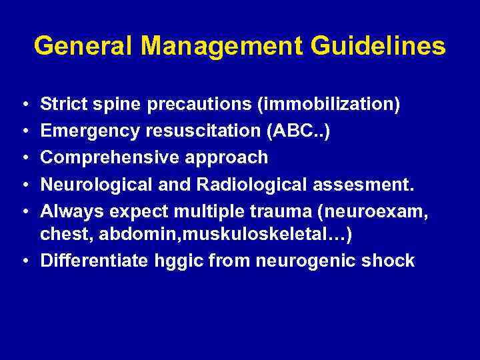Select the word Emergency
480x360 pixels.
[x=89, y=131]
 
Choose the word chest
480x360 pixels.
[x=62, y=235]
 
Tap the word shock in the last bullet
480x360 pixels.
[x=388, y=261]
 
